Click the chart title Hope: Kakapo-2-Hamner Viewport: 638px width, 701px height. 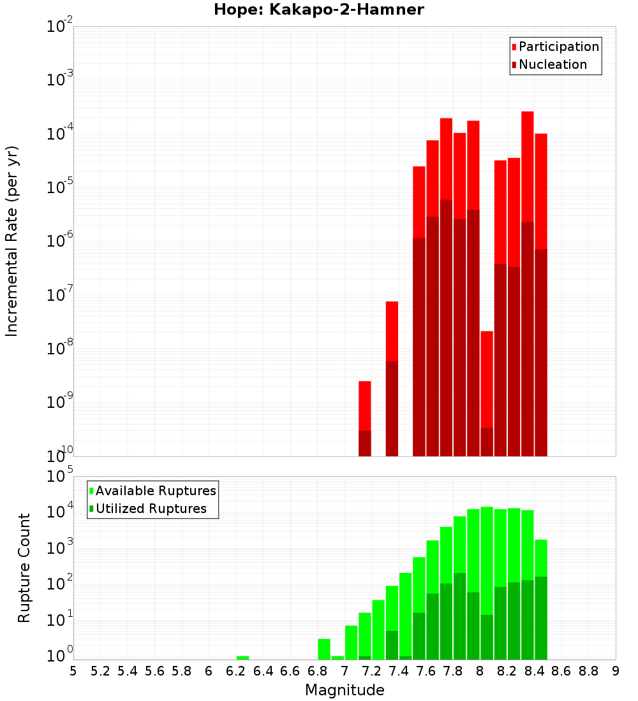click(318, 10)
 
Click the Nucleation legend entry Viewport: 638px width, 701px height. click(552, 64)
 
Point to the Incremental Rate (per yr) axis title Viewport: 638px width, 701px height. click(11, 241)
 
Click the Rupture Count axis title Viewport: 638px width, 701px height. click(24, 568)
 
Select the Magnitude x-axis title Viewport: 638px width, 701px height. click(345, 690)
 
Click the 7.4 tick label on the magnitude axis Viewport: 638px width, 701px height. click(398, 670)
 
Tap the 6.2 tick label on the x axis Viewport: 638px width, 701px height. click(235, 670)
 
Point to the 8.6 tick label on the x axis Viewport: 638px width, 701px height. click(561, 670)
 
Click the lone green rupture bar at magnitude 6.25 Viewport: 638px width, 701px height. click(242, 658)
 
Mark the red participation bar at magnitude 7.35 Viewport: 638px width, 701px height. click(392, 331)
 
